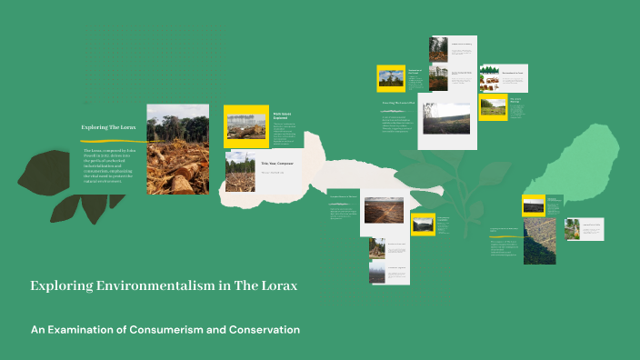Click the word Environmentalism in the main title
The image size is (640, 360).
coord(147,285)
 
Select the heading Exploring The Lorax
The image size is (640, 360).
coord(108,127)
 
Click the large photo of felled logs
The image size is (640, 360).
coord(177,149)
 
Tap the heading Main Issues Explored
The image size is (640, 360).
coord(283,115)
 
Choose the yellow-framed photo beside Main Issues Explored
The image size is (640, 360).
coord(245,126)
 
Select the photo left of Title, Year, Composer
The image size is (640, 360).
coord(240,171)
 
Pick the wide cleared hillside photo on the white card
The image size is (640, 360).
coord(446,118)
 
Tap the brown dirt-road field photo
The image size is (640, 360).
coord(383,210)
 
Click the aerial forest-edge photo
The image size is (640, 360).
coord(539,240)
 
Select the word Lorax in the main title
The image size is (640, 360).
coord(277,285)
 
